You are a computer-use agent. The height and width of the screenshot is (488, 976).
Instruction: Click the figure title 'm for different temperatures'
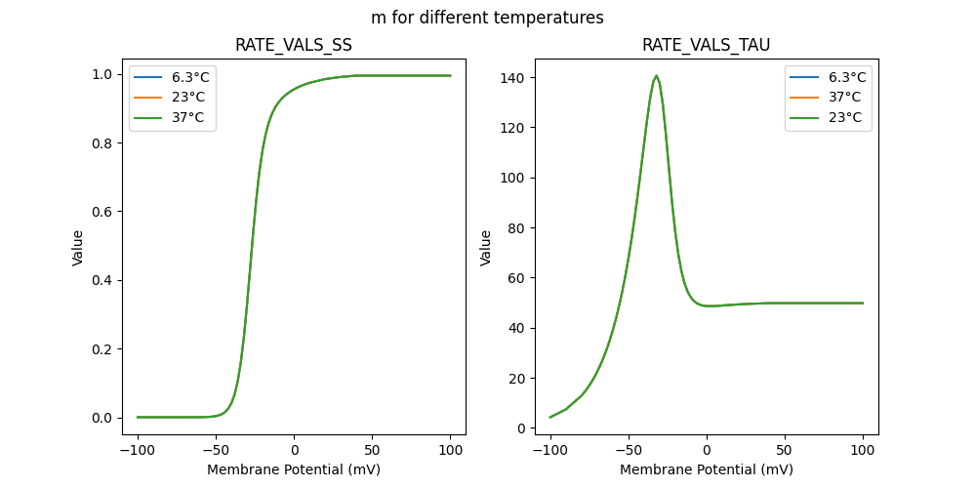point(487,18)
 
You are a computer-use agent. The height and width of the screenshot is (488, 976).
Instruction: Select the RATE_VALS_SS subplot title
point(294,46)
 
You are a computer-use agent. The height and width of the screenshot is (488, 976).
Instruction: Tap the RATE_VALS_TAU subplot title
point(706,46)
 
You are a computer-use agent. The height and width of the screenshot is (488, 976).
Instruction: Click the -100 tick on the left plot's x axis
point(138,450)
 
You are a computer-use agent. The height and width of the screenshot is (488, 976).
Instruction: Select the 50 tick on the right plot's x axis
point(785,450)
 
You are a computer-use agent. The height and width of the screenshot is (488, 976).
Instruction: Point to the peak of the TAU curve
point(656,75)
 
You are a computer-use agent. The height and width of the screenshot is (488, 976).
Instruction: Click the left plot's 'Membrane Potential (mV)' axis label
point(294,469)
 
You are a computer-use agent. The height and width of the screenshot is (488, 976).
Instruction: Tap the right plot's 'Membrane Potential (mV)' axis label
point(706,469)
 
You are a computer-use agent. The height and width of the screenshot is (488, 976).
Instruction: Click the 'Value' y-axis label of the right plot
point(485,248)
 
